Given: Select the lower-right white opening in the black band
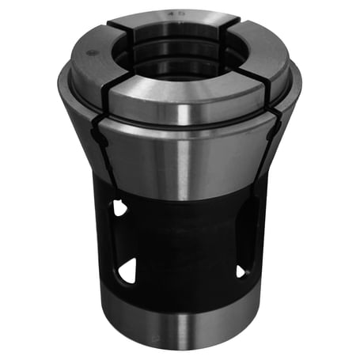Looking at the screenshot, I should click(x=241, y=271).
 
